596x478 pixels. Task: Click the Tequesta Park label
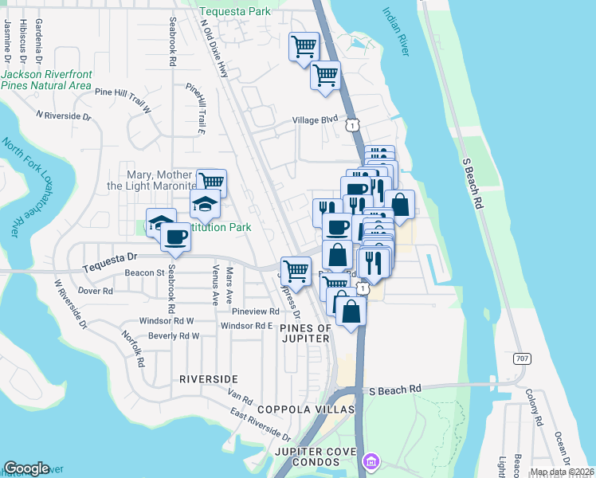236,12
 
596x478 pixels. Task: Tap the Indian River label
400,33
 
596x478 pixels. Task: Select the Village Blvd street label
316,119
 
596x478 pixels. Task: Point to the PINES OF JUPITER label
305,333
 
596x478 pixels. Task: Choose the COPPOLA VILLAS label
305,409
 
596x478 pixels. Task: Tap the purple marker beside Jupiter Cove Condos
371,461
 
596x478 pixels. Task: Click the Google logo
26,468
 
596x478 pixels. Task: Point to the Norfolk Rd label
133,348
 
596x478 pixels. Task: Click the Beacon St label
144,272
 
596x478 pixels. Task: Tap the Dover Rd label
96,291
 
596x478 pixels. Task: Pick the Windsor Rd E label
247,326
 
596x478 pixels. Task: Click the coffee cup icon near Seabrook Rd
175,236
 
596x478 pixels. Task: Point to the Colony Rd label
531,406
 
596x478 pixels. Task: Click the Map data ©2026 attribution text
562,472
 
